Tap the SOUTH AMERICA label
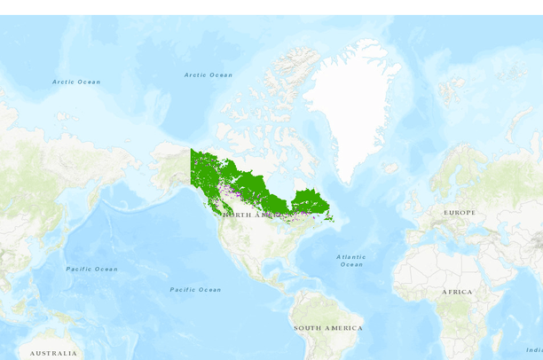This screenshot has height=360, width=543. pyautogui.click(x=327, y=328)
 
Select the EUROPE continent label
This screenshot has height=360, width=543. pyautogui.click(x=460, y=213)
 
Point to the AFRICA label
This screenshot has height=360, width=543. pyautogui.click(x=457, y=292)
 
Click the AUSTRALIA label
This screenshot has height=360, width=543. pyautogui.click(x=52, y=353)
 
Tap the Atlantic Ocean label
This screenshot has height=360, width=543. pyautogui.click(x=351, y=261)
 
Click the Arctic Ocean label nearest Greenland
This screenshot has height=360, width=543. pyautogui.click(x=209, y=75)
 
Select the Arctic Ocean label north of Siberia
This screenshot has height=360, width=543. pyautogui.click(x=76, y=82)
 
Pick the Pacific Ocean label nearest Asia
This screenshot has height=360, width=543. pyautogui.click(x=91, y=269)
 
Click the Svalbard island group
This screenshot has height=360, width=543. pyautogui.click(x=451, y=89)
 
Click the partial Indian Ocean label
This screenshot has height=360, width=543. pyautogui.click(x=534, y=349)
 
